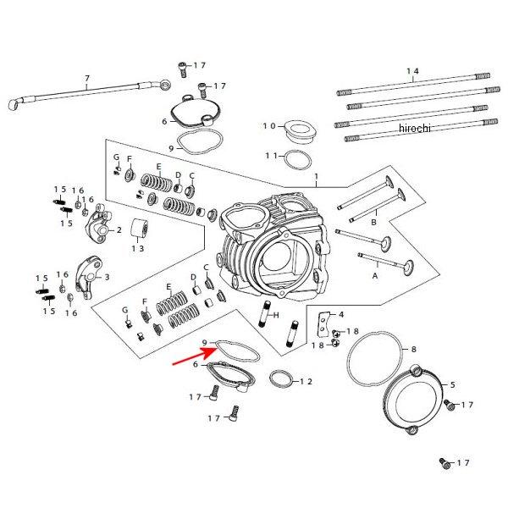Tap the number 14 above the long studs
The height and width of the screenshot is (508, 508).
413,70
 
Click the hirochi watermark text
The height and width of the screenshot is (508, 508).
414,127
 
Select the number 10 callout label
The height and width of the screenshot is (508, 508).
268,126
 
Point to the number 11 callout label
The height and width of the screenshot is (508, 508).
270,156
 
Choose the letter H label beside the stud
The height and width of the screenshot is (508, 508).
276,315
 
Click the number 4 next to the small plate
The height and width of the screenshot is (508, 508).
341,314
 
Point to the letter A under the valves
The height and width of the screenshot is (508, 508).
375,275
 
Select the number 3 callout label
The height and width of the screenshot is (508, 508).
107,277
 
